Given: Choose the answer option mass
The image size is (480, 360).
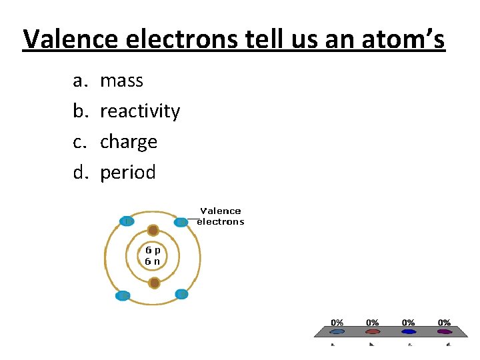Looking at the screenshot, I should pyautogui.click(x=121, y=81).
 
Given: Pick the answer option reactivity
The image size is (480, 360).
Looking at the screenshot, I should pyautogui.click(x=140, y=111).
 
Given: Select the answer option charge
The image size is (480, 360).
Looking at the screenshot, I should pyautogui.click(x=129, y=142).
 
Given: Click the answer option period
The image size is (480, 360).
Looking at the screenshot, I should pyautogui.click(x=128, y=173).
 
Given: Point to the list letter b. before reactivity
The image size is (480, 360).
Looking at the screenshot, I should pyautogui.click(x=80, y=111).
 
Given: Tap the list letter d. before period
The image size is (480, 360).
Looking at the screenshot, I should pyautogui.click(x=80, y=173).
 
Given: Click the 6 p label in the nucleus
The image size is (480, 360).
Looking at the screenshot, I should pyautogui.click(x=153, y=250).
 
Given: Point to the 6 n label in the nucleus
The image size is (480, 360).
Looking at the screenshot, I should pyautogui.click(x=153, y=261).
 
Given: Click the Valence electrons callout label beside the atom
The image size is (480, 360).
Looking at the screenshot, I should pyautogui.click(x=221, y=216).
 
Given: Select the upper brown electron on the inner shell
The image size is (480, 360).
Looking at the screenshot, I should pyautogui.click(x=153, y=231).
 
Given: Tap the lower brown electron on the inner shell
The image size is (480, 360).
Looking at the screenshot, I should pyautogui.click(x=155, y=283).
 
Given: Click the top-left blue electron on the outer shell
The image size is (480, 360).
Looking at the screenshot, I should pyautogui.click(x=127, y=221).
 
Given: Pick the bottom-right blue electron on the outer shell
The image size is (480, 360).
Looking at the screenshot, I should pyautogui.click(x=181, y=294).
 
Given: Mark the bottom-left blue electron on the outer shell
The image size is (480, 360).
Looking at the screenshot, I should pyautogui.click(x=123, y=296).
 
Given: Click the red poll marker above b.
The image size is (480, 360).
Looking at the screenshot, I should pyautogui.click(x=373, y=331).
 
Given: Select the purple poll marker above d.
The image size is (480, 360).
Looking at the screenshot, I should pyautogui.click(x=444, y=331).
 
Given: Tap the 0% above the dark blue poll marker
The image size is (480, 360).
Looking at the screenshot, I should pyautogui.click(x=408, y=323).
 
